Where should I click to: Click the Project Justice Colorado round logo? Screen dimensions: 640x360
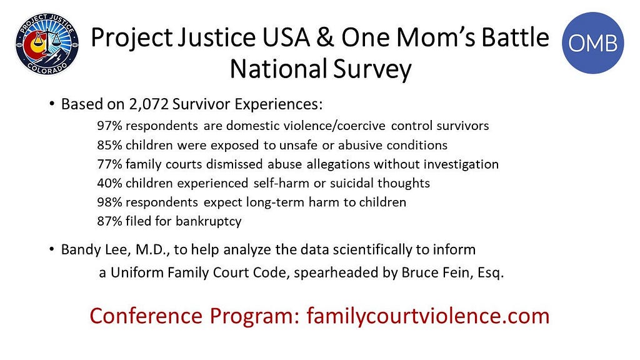tap(47, 44)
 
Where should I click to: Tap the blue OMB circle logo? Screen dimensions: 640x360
tap(592, 43)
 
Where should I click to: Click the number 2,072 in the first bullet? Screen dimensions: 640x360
tap(149, 104)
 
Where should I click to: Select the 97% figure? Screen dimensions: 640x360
tap(109, 126)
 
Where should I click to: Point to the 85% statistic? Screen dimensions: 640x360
tap(109, 145)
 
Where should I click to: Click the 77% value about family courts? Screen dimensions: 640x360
tap(109, 164)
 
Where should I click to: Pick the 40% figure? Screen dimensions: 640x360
tap(109, 183)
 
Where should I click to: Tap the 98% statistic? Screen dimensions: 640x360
tap(109, 202)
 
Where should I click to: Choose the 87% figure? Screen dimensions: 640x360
tap(109, 221)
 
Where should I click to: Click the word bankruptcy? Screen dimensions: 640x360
tap(209, 222)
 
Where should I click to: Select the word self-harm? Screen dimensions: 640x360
tap(281, 183)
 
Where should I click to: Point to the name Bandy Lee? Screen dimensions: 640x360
tap(96, 249)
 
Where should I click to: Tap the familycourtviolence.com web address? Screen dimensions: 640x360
tap(428, 316)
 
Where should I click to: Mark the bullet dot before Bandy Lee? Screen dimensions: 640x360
tap(51, 249)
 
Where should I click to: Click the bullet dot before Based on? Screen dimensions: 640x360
tap(51, 104)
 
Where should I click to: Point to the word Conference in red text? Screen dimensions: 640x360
tap(146, 316)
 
